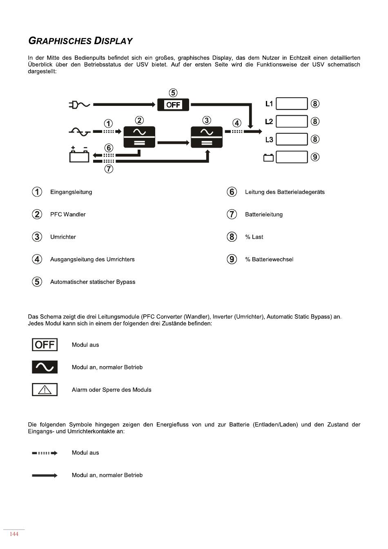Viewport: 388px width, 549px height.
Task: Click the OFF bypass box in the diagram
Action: [x=173, y=105]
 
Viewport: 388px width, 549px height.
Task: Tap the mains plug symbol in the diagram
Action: [x=79, y=105]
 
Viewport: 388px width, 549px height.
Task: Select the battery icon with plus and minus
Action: [x=79, y=155]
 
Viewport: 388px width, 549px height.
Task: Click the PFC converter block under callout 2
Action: [x=139, y=137]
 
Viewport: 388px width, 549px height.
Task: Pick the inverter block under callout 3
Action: [x=207, y=137]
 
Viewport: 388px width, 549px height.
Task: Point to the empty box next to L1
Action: [x=292, y=104]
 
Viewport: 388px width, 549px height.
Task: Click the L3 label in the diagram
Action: [x=269, y=140]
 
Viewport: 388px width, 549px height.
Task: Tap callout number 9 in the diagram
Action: [x=315, y=157]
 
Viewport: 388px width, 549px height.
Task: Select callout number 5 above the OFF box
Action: [x=173, y=93]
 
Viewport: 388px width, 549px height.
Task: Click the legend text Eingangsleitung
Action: [x=71, y=192]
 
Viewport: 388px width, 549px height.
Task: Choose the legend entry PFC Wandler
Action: [x=68, y=215]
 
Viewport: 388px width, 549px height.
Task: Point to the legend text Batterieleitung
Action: [x=264, y=215]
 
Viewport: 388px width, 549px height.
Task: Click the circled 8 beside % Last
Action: [x=232, y=237]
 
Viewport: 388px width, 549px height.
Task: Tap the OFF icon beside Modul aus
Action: [x=45, y=345]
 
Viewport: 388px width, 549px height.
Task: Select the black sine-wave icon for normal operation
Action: [x=45, y=367]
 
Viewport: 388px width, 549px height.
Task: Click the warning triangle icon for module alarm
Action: [x=45, y=390]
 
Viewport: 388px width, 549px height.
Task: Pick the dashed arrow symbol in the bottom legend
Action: [x=45, y=453]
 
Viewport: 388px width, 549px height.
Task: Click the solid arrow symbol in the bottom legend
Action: [x=45, y=475]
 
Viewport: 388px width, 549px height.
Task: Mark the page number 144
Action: [x=14, y=534]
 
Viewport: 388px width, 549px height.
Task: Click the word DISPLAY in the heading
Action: [x=114, y=41]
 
